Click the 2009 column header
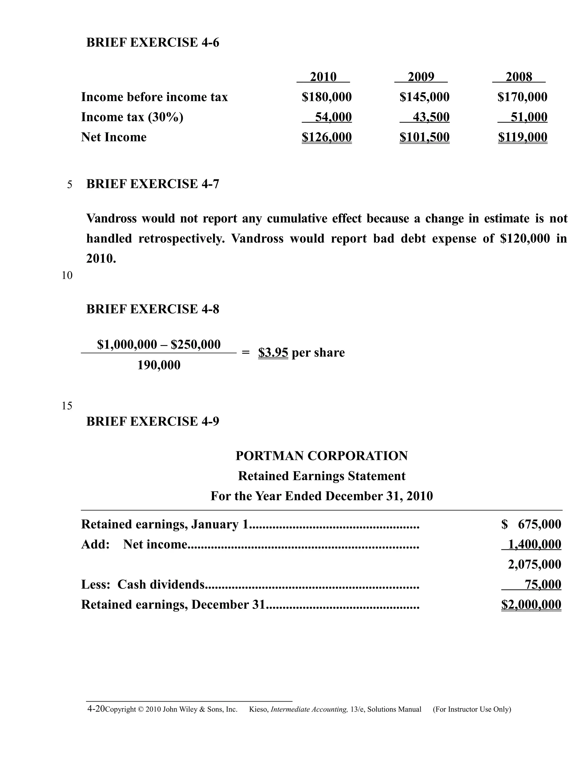pos(421,77)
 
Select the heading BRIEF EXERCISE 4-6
pos(153,43)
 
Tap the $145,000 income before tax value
pos(424,97)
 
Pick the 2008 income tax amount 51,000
pos(529,117)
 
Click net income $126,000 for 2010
pos(326,137)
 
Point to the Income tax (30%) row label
pos(132,117)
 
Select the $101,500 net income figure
pos(424,137)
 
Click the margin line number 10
pos(67,276)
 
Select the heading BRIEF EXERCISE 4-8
pos(153,309)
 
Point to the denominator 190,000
pos(159,365)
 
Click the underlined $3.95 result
pos(273,353)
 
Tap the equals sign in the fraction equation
pos(245,353)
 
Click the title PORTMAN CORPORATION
pos(322,456)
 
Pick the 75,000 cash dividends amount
pos(543,585)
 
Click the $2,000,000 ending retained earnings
pos(531,605)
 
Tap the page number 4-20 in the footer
pos(96,709)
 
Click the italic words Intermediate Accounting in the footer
pos(309,710)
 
